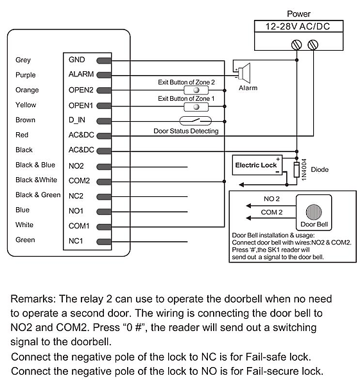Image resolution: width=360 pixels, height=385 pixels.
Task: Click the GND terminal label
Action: click(76, 60)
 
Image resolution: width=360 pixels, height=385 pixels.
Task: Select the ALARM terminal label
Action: click(81, 74)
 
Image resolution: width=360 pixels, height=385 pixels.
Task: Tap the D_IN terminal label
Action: click(77, 120)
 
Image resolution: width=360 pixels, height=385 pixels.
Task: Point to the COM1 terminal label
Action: click(79, 226)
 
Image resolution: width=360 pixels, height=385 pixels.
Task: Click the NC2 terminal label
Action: click(76, 196)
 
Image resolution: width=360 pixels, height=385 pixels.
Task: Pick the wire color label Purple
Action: click(26, 75)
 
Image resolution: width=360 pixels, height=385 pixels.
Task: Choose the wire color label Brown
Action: click(25, 120)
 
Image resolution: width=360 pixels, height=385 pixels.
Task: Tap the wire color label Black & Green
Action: click(38, 195)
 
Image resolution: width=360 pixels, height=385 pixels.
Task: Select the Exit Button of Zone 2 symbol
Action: click(196, 90)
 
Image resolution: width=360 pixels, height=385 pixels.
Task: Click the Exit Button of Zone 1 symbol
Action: click(196, 107)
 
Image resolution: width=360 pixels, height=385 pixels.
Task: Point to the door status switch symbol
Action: click(196, 121)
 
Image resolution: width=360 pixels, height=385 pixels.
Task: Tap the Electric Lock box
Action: click(257, 165)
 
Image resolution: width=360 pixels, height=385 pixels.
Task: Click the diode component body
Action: click(296, 169)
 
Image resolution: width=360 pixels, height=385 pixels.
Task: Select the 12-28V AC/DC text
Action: click(298, 26)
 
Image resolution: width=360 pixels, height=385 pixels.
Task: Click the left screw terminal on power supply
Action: click(296, 45)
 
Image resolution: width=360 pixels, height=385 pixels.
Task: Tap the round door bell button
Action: click(314, 212)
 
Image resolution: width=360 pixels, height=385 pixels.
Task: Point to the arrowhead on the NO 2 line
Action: click(249, 205)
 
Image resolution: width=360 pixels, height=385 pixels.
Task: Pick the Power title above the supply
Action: click(298, 14)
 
